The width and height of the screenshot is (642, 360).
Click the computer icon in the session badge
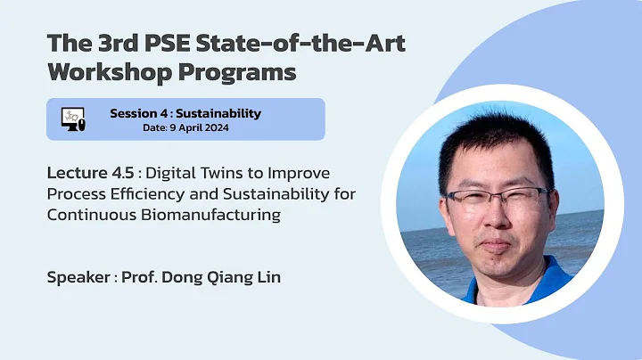click(72, 119)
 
